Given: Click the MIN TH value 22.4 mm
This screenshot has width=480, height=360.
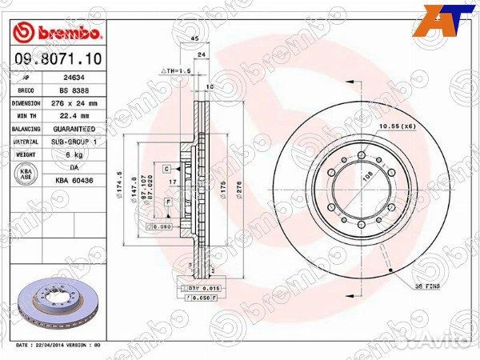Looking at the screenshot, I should coord(72,116).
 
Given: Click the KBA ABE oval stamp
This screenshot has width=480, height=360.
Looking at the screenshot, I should coord(26,174).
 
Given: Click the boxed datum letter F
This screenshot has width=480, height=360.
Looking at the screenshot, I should coord(169,203).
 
